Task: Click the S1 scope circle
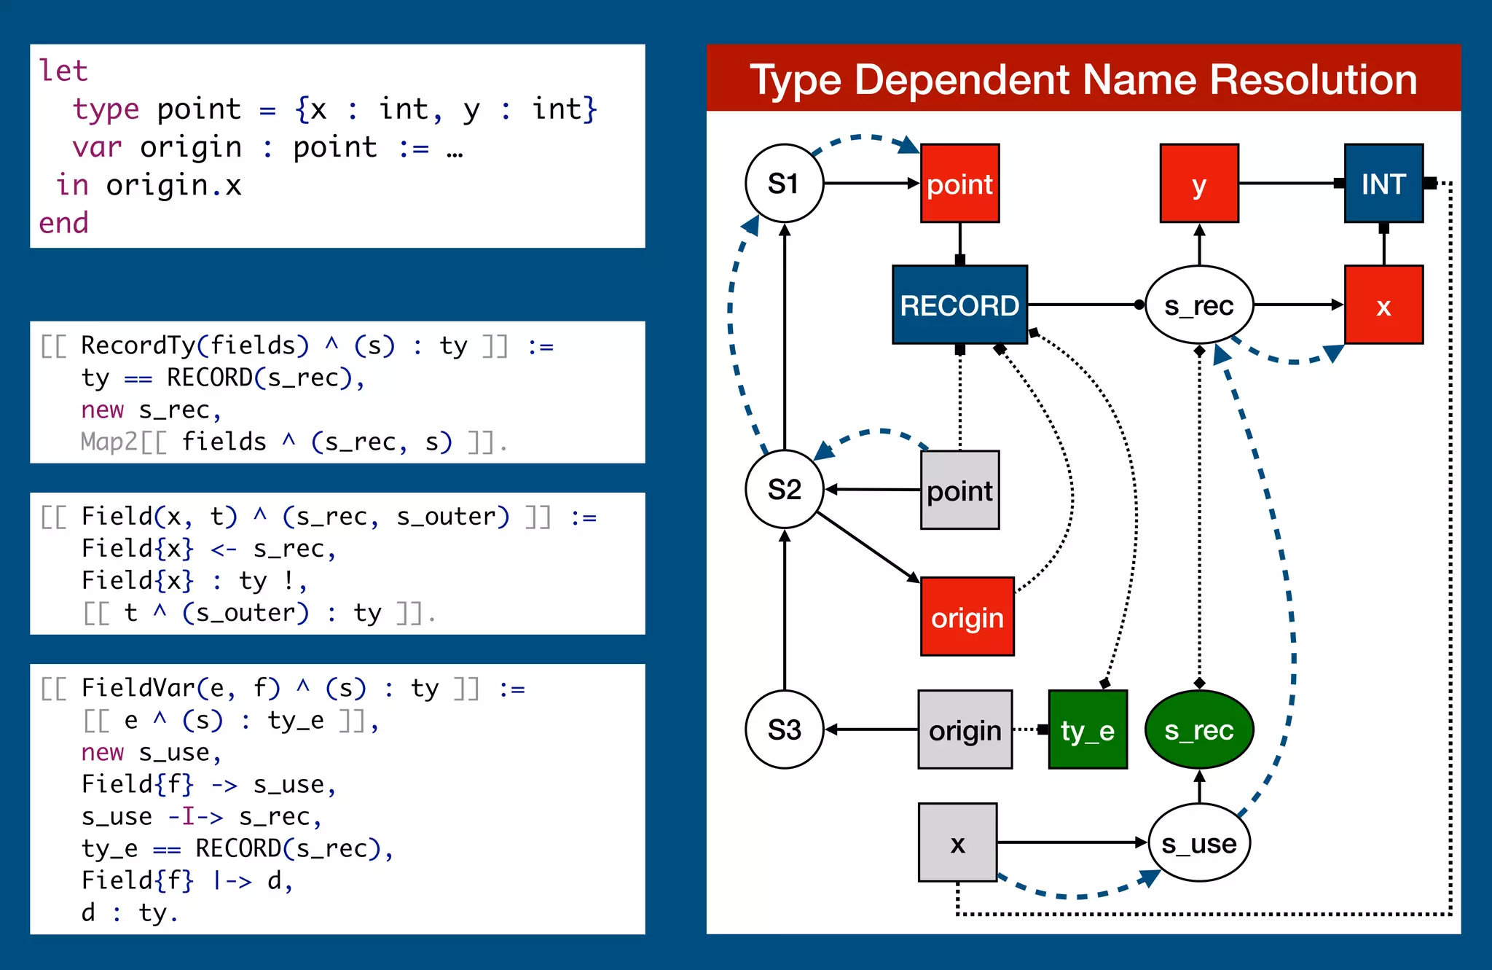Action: tap(784, 183)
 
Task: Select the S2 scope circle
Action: tap(784, 489)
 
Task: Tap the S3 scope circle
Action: tap(784, 730)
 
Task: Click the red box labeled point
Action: tap(959, 183)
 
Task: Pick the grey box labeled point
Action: tap(959, 490)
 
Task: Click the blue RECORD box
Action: tap(959, 305)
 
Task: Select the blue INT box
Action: tap(1383, 183)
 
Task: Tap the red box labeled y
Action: tap(1199, 183)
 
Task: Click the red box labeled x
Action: tap(1383, 305)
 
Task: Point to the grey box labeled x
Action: tap(957, 842)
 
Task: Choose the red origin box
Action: tap(967, 617)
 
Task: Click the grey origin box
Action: tap(965, 730)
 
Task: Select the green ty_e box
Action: tap(1088, 730)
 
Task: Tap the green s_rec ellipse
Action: tap(1199, 730)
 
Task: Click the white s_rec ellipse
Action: tap(1199, 305)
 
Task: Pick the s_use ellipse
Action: tap(1199, 842)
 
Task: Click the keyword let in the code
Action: tap(63, 71)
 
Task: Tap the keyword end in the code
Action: tap(63, 223)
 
